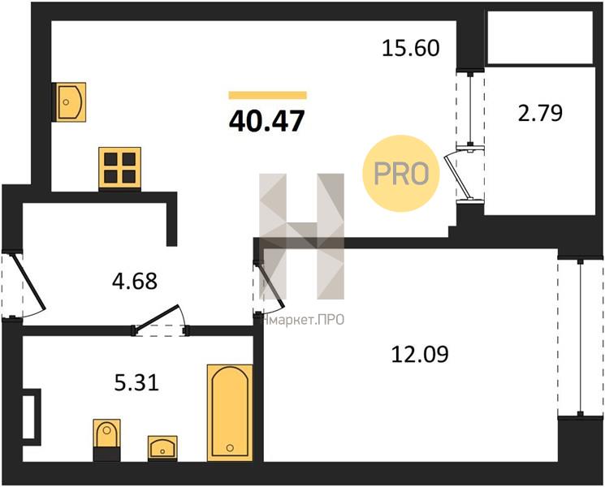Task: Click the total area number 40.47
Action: (x=267, y=121)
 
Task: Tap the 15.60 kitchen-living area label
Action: (x=411, y=49)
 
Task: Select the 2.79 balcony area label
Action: (x=540, y=113)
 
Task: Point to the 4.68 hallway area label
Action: (x=135, y=281)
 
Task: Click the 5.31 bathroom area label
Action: (x=136, y=383)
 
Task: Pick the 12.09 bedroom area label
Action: (x=420, y=354)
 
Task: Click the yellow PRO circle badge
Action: (x=401, y=173)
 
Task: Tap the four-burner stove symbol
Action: (x=119, y=168)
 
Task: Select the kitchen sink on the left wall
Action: (x=69, y=102)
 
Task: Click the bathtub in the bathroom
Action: (x=230, y=412)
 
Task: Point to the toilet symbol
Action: (x=107, y=440)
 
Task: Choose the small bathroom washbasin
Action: (x=162, y=448)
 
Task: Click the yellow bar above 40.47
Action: (x=267, y=95)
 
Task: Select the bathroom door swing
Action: (x=160, y=319)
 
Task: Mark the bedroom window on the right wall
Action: (x=581, y=338)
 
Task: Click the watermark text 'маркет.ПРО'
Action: (x=303, y=320)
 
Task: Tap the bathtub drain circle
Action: (x=230, y=448)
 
